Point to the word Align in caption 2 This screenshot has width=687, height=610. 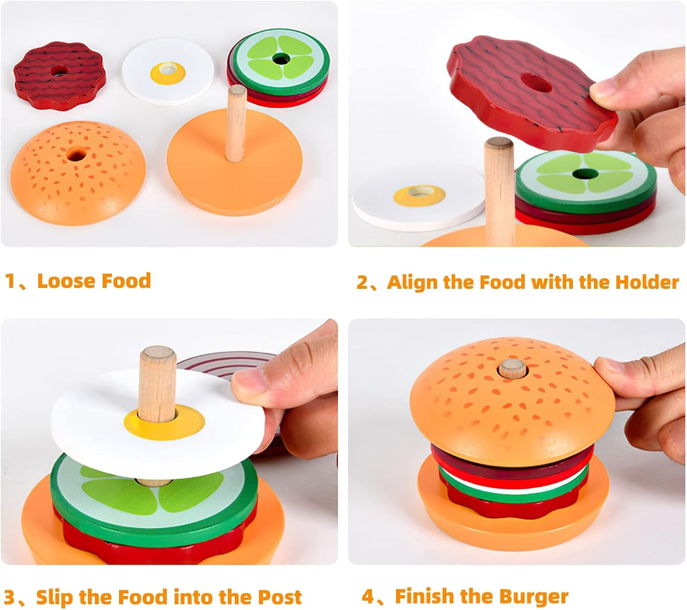[x=412, y=282]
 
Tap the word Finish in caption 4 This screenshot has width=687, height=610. [x=424, y=596]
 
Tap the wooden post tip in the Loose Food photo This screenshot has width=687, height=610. [x=236, y=91]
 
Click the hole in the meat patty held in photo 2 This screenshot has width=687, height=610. [x=535, y=83]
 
